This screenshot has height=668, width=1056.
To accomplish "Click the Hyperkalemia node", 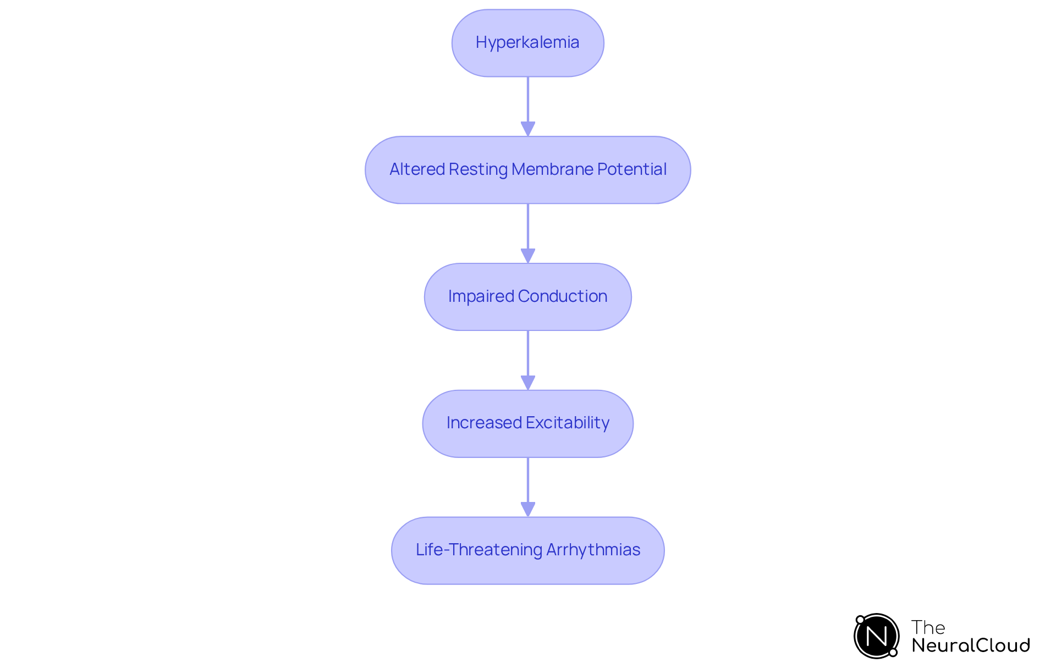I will (527, 43).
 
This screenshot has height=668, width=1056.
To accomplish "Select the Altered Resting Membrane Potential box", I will (527, 170).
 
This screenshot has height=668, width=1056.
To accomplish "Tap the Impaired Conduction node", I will (527, 297).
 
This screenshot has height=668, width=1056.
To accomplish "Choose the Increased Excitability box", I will (527, 423).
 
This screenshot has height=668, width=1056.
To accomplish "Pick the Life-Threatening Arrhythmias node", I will (527, 550).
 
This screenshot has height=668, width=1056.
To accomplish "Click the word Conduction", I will (562, 296).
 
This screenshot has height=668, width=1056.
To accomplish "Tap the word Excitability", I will (567, 423).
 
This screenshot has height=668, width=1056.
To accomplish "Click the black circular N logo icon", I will (876, 636).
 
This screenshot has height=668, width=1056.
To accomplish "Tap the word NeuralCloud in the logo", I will (971, 645).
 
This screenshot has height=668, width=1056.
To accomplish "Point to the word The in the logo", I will (928, 627).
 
